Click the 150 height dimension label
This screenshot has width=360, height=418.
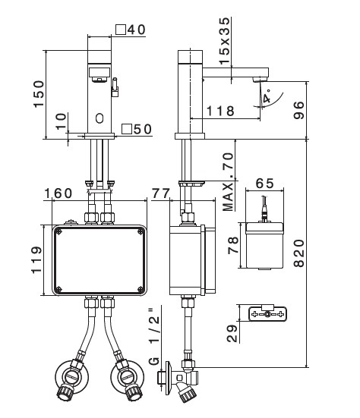[39, 94]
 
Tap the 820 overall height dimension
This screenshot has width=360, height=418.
[299, 253]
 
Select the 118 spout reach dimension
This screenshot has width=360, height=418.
[220, 111]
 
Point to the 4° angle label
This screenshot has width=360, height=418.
[267, 96]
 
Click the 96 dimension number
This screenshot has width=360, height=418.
[299, 110]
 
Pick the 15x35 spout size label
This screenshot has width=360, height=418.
[225, 40]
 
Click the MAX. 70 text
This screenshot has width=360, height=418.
[228, 182]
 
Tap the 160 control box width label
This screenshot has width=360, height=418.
[58, 193]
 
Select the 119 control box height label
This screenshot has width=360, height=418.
[36, 260]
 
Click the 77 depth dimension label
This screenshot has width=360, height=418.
[161, 193]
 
